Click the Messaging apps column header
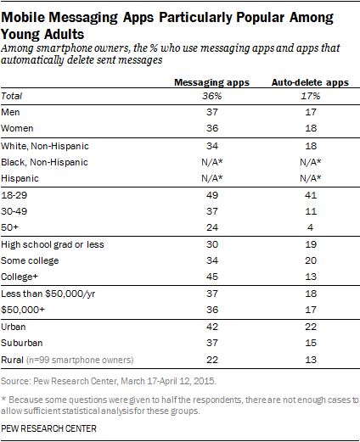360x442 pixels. [x=211, y=82]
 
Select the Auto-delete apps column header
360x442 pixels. [x=310, y=82]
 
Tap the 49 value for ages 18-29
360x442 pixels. [x=212, y=195]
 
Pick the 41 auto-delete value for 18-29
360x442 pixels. [x=311, y=195]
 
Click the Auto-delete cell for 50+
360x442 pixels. [x=311, y=227]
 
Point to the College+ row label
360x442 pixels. [x=20, y=277]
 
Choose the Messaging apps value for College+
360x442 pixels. [x=212, y=277]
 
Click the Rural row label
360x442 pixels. [x=12, y=360]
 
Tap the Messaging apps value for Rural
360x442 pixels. [x=212, y=360]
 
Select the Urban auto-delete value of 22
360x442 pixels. [x=311, y=327]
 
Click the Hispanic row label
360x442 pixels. [x=20, y=178]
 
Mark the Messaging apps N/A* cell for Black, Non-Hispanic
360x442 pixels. [x=212, y=162]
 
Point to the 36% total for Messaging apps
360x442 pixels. [x=212, y=96]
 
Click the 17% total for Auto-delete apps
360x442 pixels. [x=311, y=96]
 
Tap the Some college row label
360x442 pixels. [x=30, y=260]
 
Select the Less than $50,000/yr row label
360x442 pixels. [x=48, y=294]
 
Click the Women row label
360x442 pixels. [x=17, y=128]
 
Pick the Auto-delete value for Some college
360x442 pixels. [x=311, y=260]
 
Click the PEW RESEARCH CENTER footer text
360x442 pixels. [x=48, y=428]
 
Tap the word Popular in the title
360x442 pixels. [x=260, y=18]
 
